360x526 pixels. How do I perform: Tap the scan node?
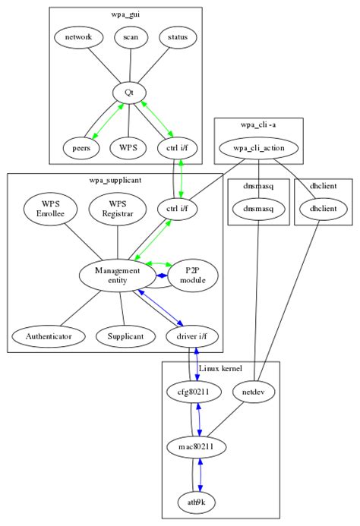125,36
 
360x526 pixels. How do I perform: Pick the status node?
178,36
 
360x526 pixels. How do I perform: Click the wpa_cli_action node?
258,147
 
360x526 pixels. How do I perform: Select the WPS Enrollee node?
49,209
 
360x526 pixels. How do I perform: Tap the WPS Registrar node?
115,209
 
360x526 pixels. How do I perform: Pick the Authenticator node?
48,335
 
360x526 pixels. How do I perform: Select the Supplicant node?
125,335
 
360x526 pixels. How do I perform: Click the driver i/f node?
194,335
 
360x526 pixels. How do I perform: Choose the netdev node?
252,392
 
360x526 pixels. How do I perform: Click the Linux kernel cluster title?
220,368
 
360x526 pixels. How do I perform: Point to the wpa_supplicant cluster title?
115,180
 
